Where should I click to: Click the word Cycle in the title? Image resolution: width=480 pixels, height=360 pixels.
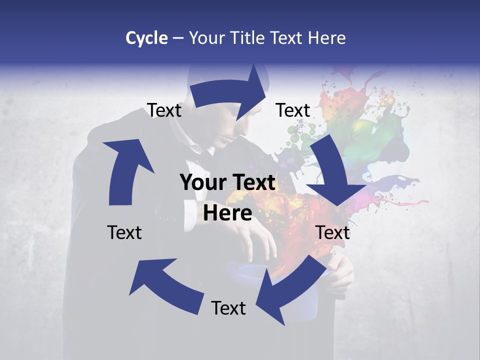pyautogui.click(x=146, y=38)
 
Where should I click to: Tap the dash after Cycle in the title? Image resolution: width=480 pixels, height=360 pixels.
pyautogui.click(x=177, y=38)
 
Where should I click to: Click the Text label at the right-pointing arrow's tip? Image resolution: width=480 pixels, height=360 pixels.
pyautogui.click(x=293, y=110)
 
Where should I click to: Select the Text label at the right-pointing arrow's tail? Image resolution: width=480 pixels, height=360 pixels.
pyautogui.click(x=164, y=110)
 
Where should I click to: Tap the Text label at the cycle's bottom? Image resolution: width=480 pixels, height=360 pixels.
pyautogui.click(x=228, y=308)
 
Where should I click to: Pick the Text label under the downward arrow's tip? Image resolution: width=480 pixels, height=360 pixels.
pyautogui.click(x=333, y=232)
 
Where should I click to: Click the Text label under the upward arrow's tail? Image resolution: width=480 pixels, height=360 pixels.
pyautogui.click(x=124, y=232)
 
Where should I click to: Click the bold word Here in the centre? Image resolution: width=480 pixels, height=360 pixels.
pyautogui.click(x=227, y=213)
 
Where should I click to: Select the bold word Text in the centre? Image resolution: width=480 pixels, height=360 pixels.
pyautogui.click(x=253, y=183)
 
